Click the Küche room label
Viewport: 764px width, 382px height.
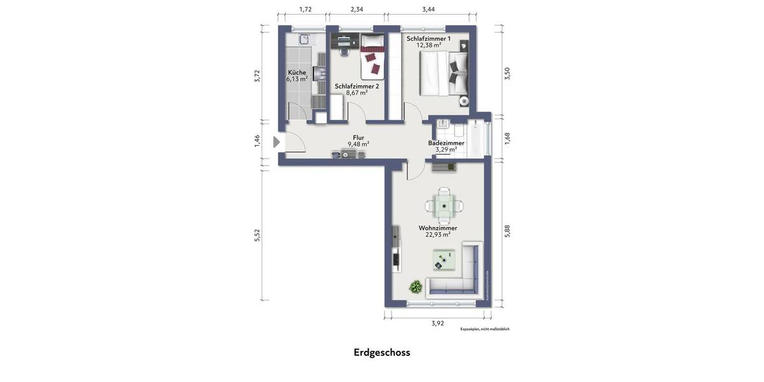pyautogui.click(x=297, y=72)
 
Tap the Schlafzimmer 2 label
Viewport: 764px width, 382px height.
pyautogui.click(x=357, y=86)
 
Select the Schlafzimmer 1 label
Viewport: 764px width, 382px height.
pyautogui.click(x=428, y=39)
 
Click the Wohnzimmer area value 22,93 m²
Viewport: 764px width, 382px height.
pyautogui.click(x=437, y=234)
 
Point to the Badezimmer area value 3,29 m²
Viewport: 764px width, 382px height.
pyautogui.click(x=446, y=150)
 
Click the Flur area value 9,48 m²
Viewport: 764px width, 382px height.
pyautogui.click(x=358, y=144)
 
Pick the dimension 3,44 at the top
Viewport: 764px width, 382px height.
pyautogui.click(x=428, y=9)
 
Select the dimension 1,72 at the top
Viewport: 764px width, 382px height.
pyautogui.click(x=306, y=9)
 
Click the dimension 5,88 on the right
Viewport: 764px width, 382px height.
pyautogui.click(x=507, y=231)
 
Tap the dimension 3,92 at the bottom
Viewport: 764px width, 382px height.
pyautogui.click(x=437, y=323)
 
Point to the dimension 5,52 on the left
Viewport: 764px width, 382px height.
pyautogui.click(x=257, y=235)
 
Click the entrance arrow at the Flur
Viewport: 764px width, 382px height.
pyautogui.click(x=276, y=142)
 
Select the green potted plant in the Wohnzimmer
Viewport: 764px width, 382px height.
pyautogui.click(x=416, y=286)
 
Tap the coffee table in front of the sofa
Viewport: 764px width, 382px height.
pyautogui.click(x=444, y=260)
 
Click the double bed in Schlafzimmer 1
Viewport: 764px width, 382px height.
pyautogui.click(x=444, y=73)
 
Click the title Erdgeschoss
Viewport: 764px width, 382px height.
pyautogui.click(x=382, y=352)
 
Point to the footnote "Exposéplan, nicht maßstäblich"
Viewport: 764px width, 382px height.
pyautogui.click(x=485, y=329)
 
